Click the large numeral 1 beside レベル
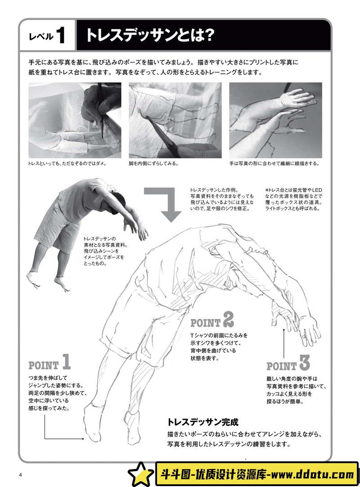click(60, 35)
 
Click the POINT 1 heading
click(49, 362)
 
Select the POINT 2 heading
click(212, 320)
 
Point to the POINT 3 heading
click(288, 363)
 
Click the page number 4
click(21, 474)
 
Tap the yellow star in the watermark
click(141, 474)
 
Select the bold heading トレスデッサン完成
click(203, 422)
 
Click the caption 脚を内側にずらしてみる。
click(154, 163)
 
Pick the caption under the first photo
click(67, 163)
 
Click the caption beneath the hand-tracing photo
click(274, 163)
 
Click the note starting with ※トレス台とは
click(294, 199)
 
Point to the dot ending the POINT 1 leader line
click(83, 439)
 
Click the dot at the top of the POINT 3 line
click(284, 330)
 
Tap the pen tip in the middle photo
click(148, 117)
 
